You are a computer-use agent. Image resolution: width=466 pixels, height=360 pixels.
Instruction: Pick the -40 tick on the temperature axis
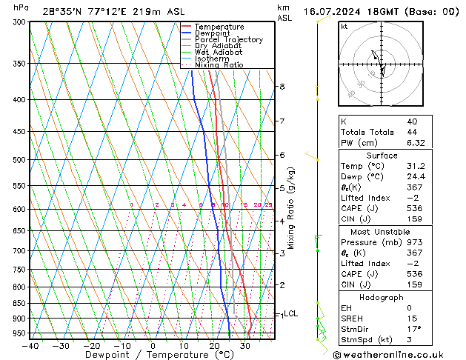(x=30, y=346)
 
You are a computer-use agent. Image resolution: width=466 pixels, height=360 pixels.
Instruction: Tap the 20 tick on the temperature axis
(x=213, y=346)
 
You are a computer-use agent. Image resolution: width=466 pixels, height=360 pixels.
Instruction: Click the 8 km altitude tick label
(x=282, y=87)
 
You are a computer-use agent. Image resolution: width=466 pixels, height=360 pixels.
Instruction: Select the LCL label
(x=290, y=314)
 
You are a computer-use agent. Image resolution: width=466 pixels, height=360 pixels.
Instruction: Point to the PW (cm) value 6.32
(x=413, y=143)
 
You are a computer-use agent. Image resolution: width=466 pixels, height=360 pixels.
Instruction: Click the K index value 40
(x=411, y=121)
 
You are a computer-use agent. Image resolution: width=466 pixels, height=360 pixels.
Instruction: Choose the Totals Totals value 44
(x=411, y=132)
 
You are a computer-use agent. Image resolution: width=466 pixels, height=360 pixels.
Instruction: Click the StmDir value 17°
(x=413, y=329)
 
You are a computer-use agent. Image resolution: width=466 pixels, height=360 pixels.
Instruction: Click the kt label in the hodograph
(x=344, y=26)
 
